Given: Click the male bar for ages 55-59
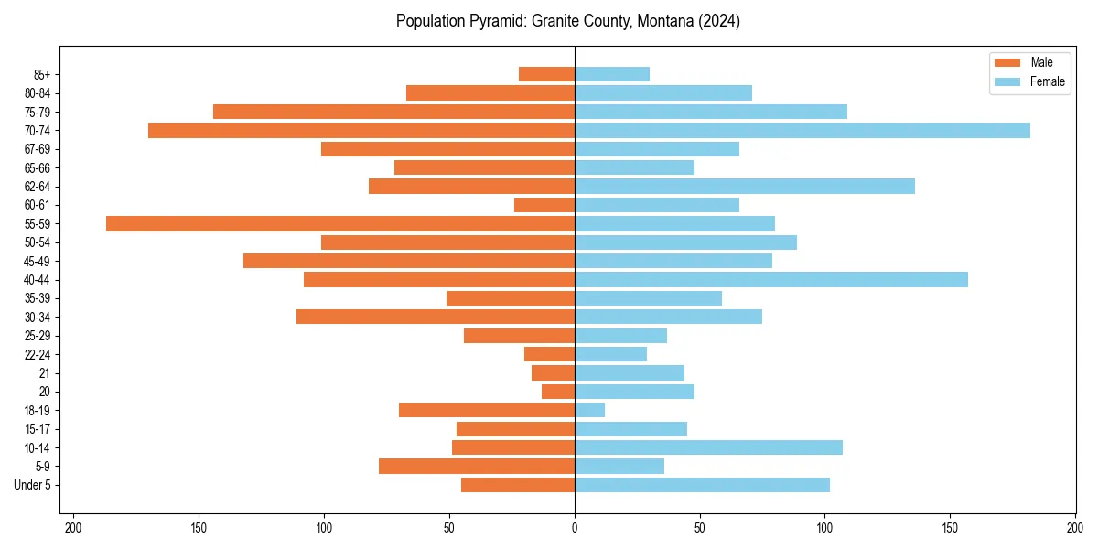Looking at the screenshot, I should pos(340,223).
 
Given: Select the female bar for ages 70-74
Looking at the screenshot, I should pos(802,130).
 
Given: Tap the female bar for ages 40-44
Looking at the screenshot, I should pos(771,279).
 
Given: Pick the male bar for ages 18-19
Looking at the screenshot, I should pos(487,410).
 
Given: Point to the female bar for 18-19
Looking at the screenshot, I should pos(590,410).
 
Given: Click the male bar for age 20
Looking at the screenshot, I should pos(558,392).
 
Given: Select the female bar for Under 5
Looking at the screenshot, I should pos(702,485).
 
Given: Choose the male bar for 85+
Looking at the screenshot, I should pos(546,74).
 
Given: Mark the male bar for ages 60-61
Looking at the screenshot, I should pos(544,205).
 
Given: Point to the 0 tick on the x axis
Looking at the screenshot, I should pos(575,528).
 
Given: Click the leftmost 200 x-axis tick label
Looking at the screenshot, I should pos(73,528).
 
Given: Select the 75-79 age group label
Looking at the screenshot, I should pos(37,112).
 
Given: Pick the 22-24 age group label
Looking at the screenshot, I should pos(37,354).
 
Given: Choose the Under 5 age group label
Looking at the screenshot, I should pos(32,485).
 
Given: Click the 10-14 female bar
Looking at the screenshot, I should pos(708,447).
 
